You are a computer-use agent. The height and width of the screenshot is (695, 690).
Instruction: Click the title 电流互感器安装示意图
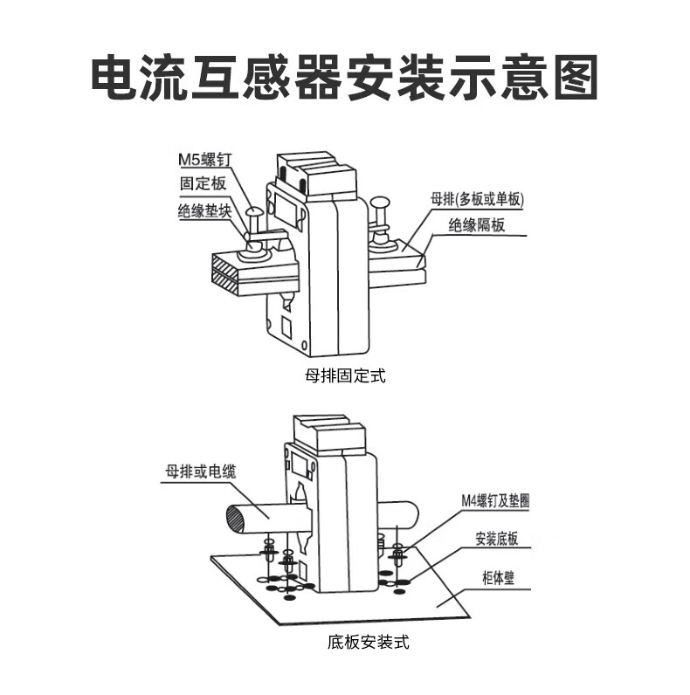click(x=344, y=79)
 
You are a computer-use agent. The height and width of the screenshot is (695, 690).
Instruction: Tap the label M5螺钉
click(x=203, y=160)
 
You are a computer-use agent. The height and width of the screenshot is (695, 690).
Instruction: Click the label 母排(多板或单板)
click(x=477, y=199)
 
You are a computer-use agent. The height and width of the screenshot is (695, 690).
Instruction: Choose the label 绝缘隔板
click(x=477, y=225)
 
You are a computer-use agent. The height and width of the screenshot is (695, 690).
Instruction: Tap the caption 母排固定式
click(x=344, y=376)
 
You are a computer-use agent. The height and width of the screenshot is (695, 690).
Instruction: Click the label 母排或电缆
click(x=200, y=472)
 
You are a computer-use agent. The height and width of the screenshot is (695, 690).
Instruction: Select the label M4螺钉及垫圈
click(x=496, y=501)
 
